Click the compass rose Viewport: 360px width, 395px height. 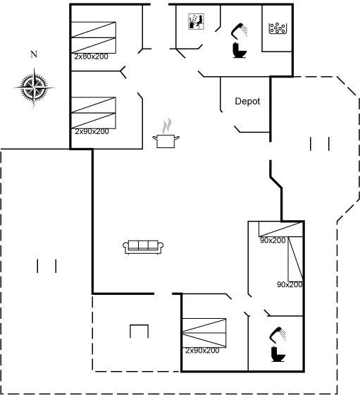(34, 87)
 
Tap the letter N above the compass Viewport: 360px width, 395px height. (34, 54)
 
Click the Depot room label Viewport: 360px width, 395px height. (247, 102)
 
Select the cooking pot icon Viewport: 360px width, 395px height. (166, 141)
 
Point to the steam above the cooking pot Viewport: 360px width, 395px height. (166, 126)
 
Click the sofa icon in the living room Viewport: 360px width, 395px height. (143, 247)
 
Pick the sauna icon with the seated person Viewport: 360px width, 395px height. (196, 22)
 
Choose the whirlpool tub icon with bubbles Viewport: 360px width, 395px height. (278, 28)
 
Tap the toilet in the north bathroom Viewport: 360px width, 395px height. (240, 50)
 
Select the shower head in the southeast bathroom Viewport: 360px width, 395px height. (278, 335)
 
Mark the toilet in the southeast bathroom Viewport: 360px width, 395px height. (278, 354)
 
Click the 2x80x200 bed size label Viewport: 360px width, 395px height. (91, 56)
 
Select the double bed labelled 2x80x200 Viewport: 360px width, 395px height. (94, 37)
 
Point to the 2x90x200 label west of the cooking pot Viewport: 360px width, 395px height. (92, 131)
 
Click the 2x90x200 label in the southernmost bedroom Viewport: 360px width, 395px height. (202, 351)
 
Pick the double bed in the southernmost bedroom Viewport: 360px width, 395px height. (204, 333)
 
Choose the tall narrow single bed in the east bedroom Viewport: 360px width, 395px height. (295, 259)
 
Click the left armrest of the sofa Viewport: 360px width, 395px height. (125, 247)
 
